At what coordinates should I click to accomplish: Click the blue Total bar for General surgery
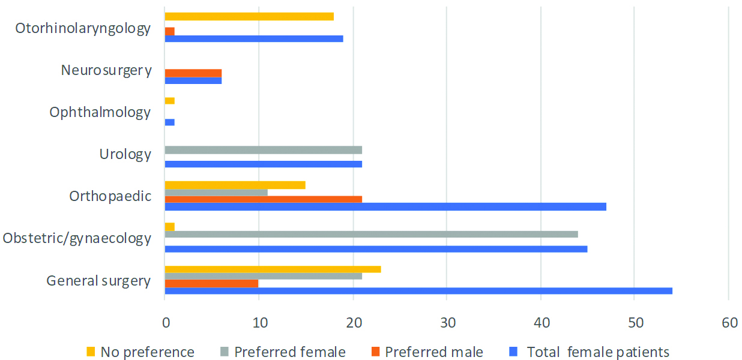[x=418, y=291]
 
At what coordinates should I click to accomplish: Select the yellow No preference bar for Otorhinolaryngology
[x=249, y=17]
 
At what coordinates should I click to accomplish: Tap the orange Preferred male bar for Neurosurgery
[x=193, y=73]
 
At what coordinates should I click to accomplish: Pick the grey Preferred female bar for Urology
[x=263, y=150]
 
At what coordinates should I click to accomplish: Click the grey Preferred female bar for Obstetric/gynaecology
[x=371, y=234]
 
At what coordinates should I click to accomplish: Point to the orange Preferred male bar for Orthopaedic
[x=263, y=199]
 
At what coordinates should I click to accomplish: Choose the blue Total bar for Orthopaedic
[x=385, y=207]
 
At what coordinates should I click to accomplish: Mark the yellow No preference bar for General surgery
[x=273, y=269]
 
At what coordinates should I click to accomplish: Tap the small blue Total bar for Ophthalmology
[x=169, y=122]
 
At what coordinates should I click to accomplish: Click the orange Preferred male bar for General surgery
[x=211, y=283]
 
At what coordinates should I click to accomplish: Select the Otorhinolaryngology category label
[x=83, y=28]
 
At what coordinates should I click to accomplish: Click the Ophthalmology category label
[x=100, y=112]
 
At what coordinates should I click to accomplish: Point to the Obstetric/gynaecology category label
[x=76, y=238]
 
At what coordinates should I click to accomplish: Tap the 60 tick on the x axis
[x=729, y=322]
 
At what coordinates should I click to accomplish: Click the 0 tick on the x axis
[x=165, y=322]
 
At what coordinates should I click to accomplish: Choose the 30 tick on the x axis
[x=447, y=322]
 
